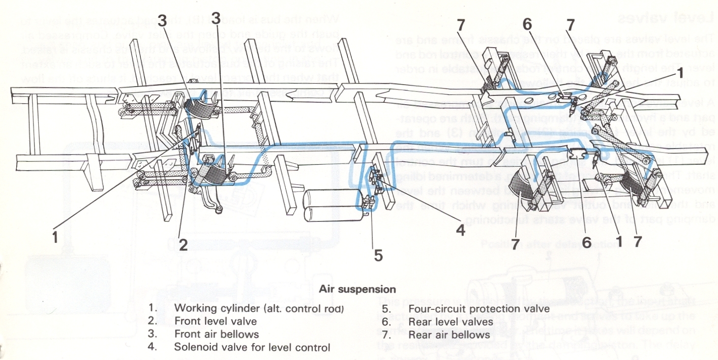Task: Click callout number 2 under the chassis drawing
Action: point(183,244)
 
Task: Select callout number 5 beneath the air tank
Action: point(378,255)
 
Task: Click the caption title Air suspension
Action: point(357,290)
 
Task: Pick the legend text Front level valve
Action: point(215,322)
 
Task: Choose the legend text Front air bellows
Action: point(216,334)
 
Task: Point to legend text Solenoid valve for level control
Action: point(252,347)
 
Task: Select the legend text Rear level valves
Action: point(450,322)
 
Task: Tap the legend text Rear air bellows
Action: point(449,334)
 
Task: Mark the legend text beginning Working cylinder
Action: point(259,309)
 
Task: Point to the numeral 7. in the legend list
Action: point(386,334)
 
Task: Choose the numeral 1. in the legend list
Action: point(152,309)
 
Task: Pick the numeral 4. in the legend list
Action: point(152,347)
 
